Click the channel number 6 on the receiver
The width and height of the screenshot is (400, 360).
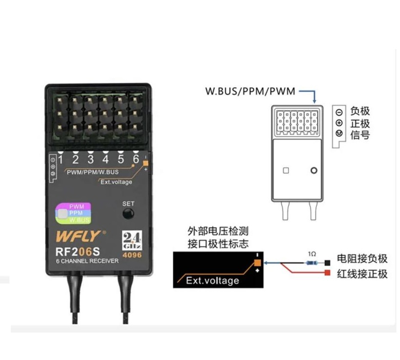point(135,159)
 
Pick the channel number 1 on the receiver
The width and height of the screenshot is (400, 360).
point(60,159)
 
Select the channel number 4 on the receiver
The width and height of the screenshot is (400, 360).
point(105,159)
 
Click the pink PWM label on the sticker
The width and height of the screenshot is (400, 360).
point(76,207)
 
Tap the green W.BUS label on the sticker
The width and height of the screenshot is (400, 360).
point(79,220)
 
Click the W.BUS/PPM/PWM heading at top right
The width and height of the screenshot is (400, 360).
point(250,91)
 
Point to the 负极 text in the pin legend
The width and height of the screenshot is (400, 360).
point(360,111)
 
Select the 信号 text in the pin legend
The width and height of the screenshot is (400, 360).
point(360,135)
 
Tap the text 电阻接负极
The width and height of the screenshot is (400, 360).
point(362,259)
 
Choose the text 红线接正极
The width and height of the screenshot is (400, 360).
point(362,274)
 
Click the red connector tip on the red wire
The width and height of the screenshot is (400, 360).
point(328,273)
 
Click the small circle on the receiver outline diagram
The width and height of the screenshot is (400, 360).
point(314,171)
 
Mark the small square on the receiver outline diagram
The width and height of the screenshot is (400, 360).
point(286,171)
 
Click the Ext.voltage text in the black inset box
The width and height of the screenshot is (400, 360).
point(212,280)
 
